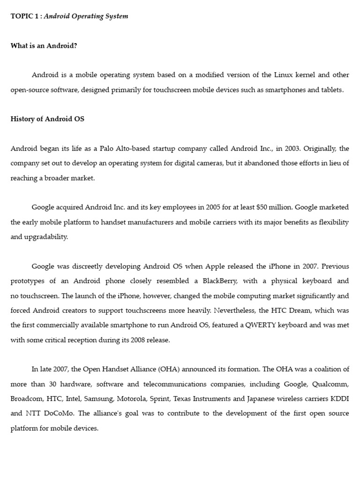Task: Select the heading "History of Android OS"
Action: [47, 119]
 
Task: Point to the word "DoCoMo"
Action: [58, 414]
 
